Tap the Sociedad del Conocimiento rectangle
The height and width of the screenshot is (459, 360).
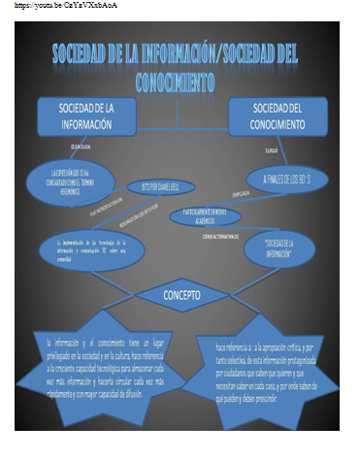pyautogui.click(x=276, y=114)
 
